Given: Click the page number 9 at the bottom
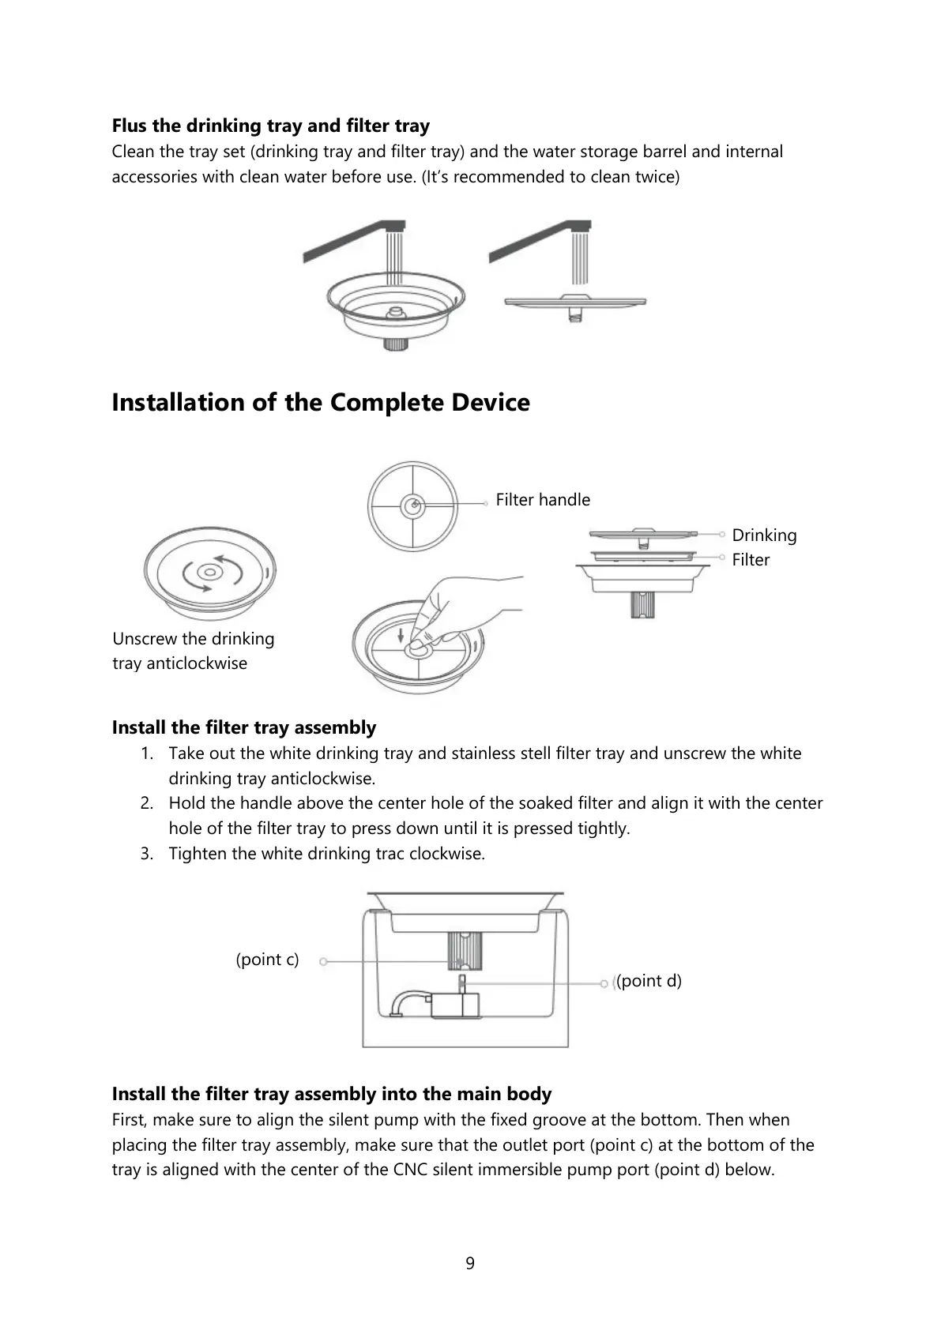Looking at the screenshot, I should [470, 1263].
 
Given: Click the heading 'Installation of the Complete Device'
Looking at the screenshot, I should [320, 402].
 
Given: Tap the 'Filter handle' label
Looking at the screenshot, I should [542, 500].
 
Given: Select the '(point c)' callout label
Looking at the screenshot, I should [267, 960].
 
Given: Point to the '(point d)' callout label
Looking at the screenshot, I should [649, 981].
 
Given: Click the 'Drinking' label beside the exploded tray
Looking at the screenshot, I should [763, 535].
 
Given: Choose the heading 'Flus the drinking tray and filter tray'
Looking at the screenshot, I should [270, 126].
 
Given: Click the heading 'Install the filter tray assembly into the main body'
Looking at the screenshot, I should [331, 1094].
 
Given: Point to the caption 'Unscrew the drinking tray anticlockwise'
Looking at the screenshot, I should [193, 651].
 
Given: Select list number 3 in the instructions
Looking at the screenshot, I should [147, 854].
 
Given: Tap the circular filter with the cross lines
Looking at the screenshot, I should [412, 506].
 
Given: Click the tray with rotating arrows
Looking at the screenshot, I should [209, 573].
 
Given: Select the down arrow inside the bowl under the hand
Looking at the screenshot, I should [401, 634].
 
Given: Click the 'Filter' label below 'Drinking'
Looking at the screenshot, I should [750, 560].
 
